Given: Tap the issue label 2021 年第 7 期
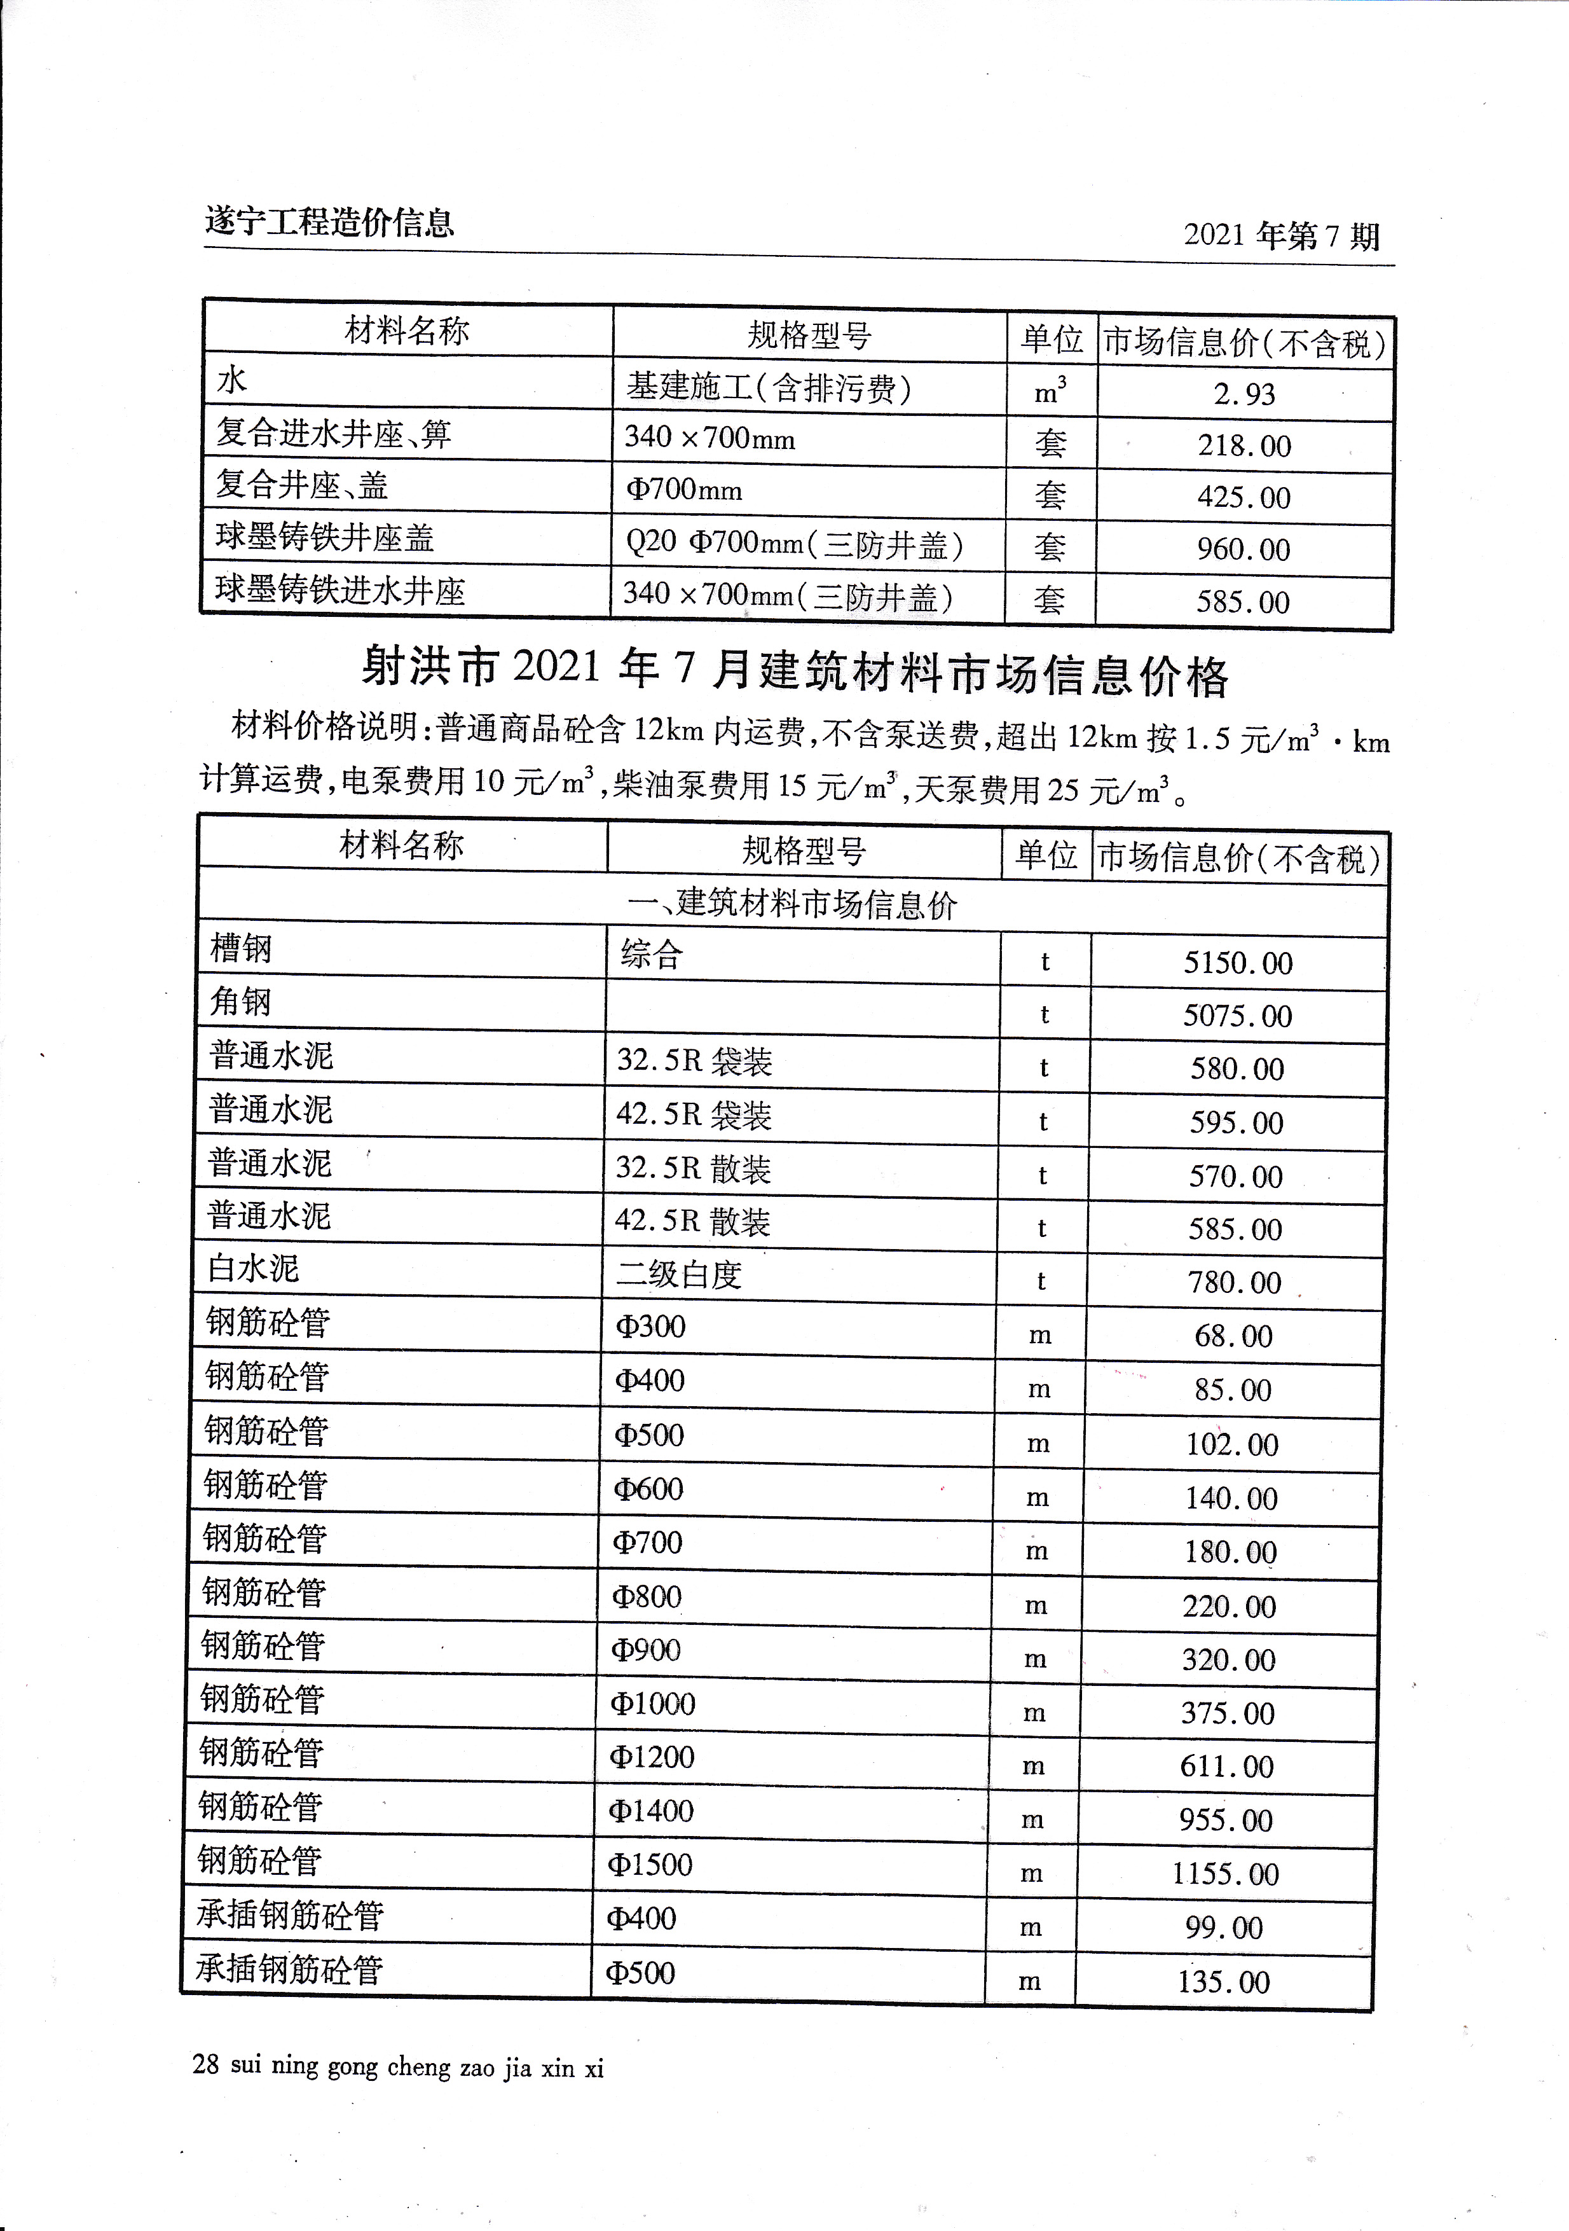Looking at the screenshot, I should coord(1280,236).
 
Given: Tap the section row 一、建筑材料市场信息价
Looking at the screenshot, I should coord(791,904).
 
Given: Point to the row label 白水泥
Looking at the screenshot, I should coord(254,1268).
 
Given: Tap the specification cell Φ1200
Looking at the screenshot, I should coord(651,1757).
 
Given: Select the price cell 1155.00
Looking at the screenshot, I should coord(1225,1874).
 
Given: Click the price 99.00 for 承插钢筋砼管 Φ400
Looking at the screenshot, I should coord(1223,1928).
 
